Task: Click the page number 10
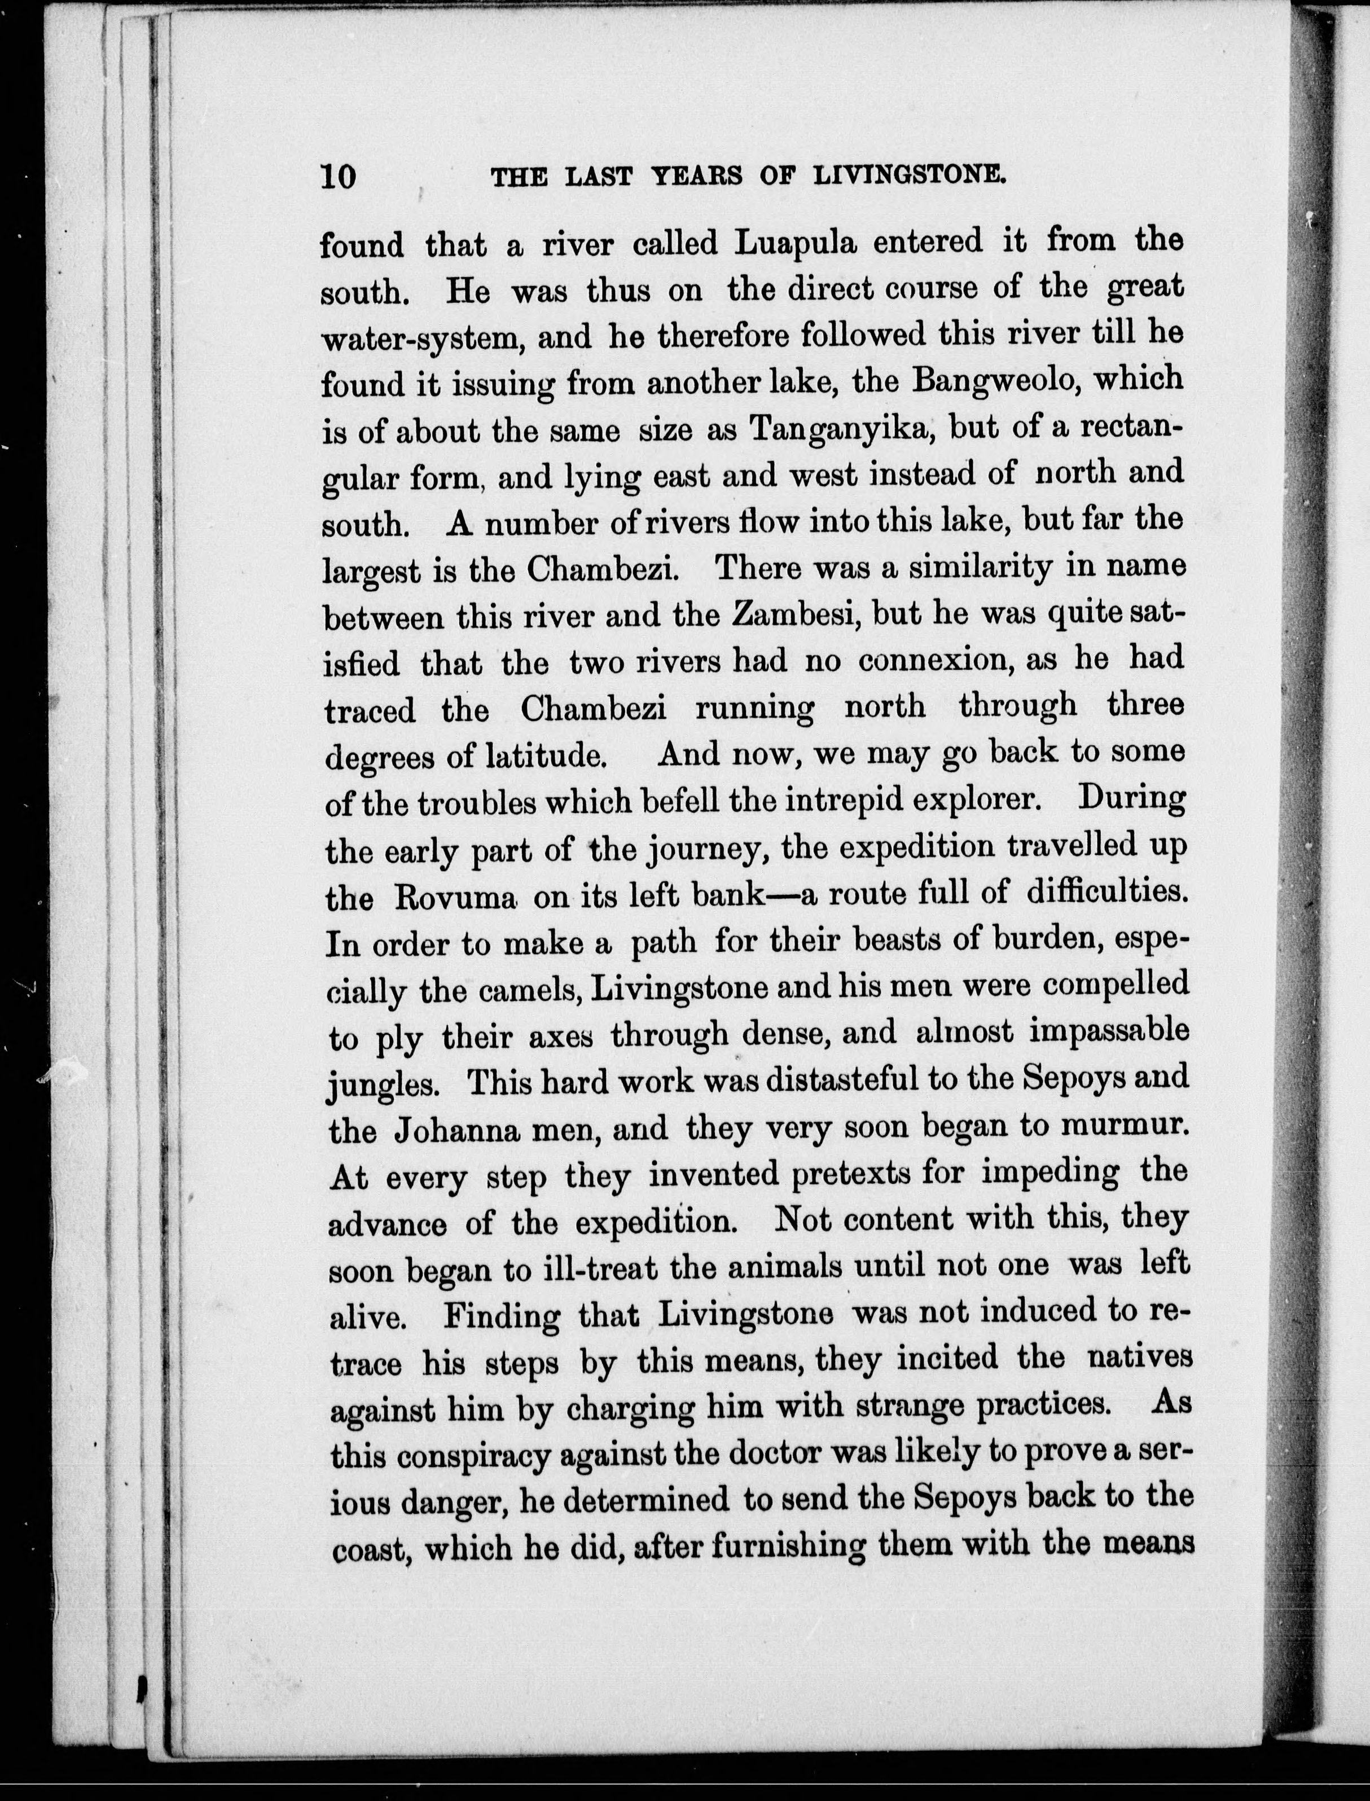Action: (339, 177)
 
